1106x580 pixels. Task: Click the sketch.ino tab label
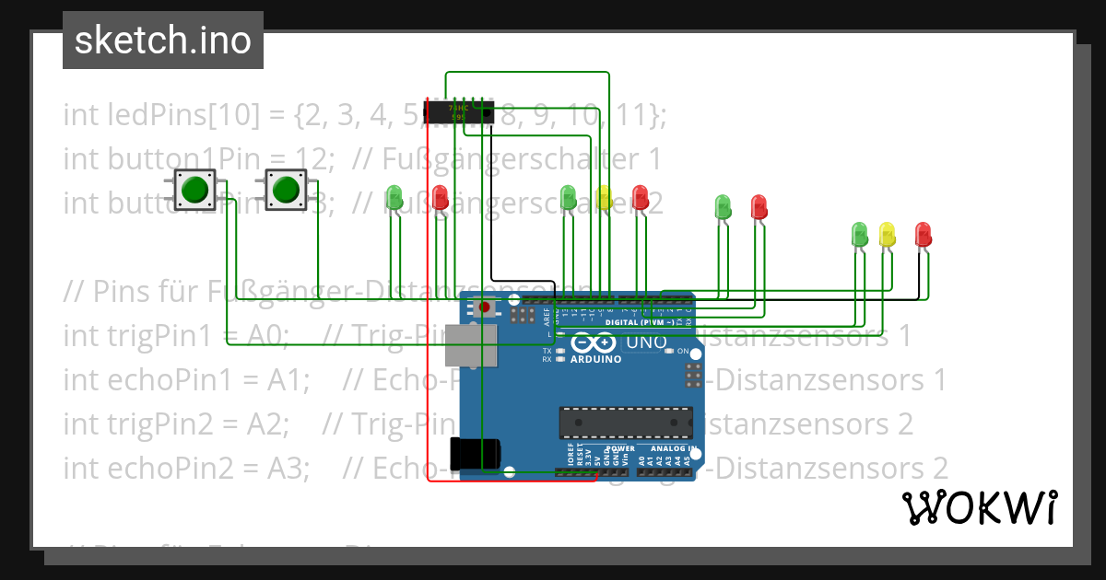click(x=163, y=41)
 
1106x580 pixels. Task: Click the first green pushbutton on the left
click(x=194, y=190)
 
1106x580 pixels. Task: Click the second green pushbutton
click(x=285, y=190)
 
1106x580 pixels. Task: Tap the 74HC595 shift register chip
click(x=458, y=112)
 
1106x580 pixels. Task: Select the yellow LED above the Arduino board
click(x=604, y=196)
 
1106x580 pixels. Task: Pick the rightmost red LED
click(x=923, y=233)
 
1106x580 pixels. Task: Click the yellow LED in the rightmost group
click(x=887, y=233)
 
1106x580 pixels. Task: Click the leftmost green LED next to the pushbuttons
click(x=394, y=196)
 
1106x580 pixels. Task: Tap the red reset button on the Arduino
click(x=485, y=307)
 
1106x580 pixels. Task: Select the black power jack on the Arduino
click(x=474, y=453)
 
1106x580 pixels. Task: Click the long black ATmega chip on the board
click(x=625, y=422)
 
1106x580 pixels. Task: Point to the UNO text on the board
click(x=646, y=343)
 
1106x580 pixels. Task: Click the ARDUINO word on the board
click(x=595, y=359)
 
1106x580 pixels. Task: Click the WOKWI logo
click(x=979, y=507)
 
